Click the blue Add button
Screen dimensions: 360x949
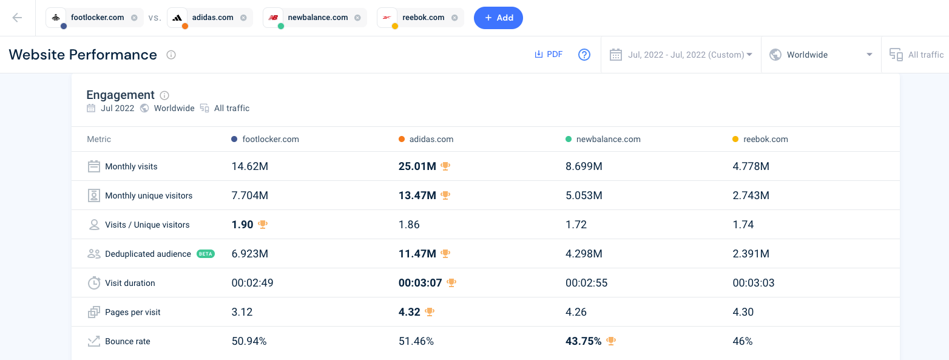pos(498,18)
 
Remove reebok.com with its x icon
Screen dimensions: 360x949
pos(454,18)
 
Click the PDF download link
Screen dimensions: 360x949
pos(549,55)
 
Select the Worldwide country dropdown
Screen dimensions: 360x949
pos(820,55)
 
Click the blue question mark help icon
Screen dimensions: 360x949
pos(584,55)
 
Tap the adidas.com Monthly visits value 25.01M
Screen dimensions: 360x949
pos(417,166)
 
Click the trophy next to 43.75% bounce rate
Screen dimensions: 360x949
pos(611,341)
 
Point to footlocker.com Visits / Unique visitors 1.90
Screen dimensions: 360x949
pos(243,225)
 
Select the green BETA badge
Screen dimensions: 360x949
pos(206,254)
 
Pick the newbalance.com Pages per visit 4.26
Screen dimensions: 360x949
pos(576,312)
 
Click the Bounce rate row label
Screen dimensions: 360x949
pos(127,341)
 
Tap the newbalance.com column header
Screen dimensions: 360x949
pos(608,139)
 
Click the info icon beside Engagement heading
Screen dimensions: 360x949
pos(164,95)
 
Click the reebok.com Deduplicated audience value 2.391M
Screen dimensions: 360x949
pos(751,254)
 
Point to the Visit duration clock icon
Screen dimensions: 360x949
pos(94,283)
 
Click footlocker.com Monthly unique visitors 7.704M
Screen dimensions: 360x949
pos(250,195)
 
